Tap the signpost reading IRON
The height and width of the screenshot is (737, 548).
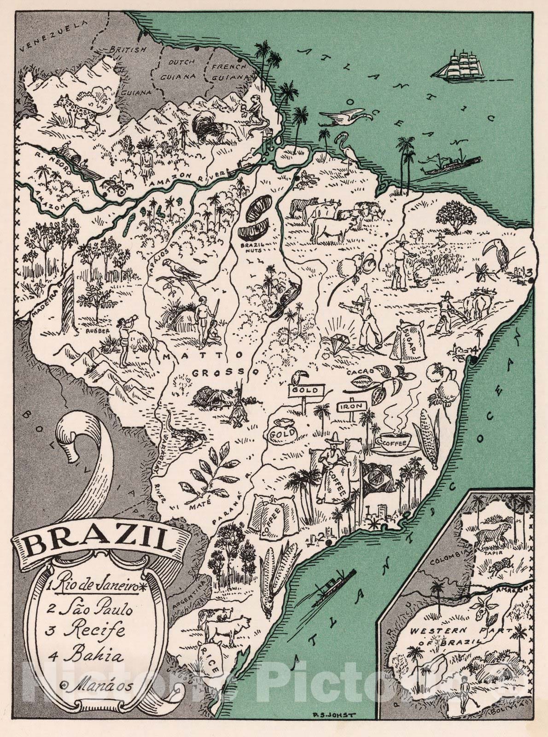[x=354, y=406]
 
